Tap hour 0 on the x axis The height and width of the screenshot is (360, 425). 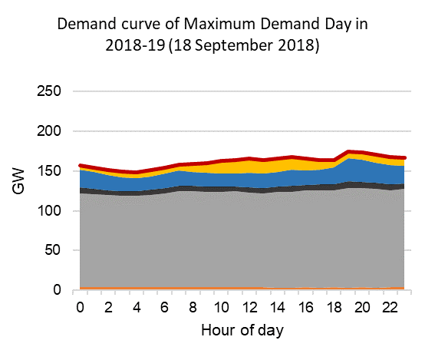[81, 307]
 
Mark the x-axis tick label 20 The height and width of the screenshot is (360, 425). [360, 307]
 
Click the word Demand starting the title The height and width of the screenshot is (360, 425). [84, 24]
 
